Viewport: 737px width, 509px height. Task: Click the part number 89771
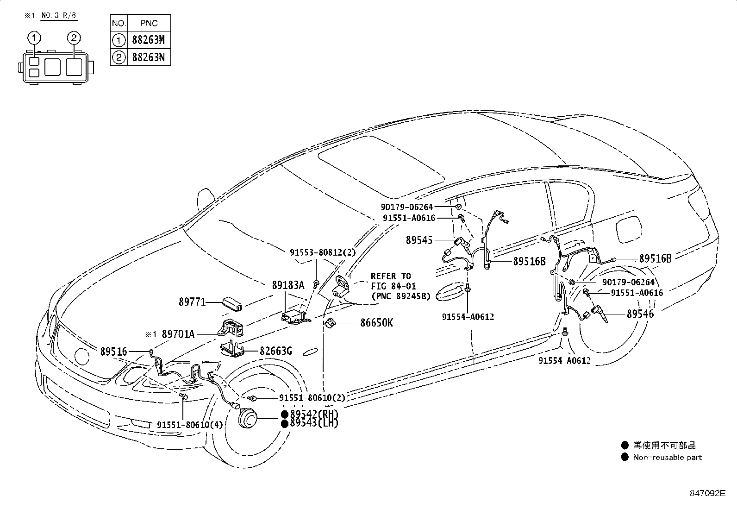coord(192,302)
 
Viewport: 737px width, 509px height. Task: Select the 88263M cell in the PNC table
coord(148,40)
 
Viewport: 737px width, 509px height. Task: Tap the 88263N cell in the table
coord(148,58)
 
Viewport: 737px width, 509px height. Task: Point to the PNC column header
coord(148,23)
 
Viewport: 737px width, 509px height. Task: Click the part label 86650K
coord(376,323)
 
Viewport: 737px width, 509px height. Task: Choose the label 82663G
coord(275,351)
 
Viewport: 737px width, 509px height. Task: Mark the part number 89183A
coord(288,285)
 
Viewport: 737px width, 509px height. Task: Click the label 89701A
coord(178,333)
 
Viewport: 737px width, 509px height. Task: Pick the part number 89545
coord(419,240)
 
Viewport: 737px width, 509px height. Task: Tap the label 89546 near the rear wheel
coord(640,314)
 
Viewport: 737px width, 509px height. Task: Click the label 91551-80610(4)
coord(189,425)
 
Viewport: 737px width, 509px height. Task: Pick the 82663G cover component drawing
coord(232,349)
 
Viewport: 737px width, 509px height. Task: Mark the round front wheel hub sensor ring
coord(248,420)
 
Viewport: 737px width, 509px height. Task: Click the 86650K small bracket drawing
coord(331,323)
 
